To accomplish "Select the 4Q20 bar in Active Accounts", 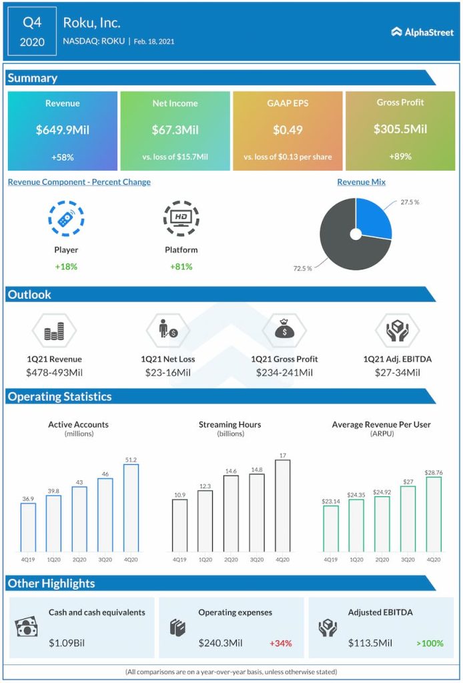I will (131, 508).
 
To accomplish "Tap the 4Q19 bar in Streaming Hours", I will (180, 525).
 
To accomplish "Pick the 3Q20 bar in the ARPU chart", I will (408, 519).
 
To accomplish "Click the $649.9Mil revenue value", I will (63, 129).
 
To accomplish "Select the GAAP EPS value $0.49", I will (288, 129).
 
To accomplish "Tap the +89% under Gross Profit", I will (400, 156).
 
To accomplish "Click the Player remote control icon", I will (66, 218).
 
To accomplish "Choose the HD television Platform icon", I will (181, 218).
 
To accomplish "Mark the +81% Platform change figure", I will (181, 266).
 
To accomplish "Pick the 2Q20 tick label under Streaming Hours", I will (231, 559).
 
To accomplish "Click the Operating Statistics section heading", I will (60, 397).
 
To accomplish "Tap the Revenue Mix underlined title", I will (361, 182).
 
